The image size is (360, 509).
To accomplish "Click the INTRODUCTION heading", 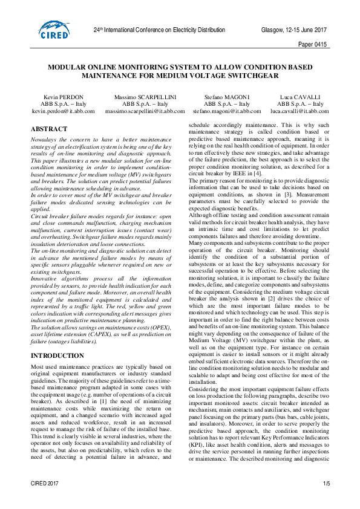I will click(57, 355).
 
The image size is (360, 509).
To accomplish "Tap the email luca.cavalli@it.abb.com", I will click(295, 111).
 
